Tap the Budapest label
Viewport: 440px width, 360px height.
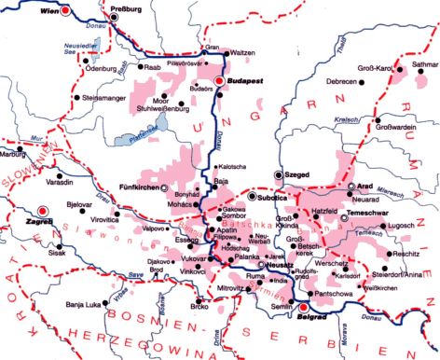244,82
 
